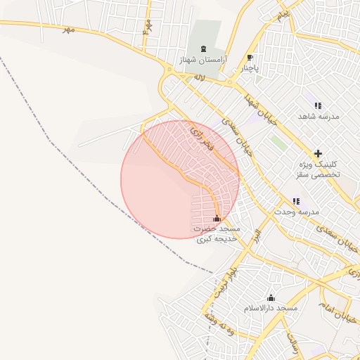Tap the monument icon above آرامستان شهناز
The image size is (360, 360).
(204, 49)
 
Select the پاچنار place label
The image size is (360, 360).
(252, 68)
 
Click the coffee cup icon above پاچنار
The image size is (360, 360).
(250, 58)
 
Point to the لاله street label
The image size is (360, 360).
(199, 79)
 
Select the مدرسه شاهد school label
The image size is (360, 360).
(319, 116)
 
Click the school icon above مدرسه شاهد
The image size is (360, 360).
(318, 105)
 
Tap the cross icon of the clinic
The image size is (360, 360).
(318, 153)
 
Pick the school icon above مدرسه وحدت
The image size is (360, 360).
(297, 201)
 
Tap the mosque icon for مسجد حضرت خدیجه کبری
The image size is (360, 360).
(217, 219)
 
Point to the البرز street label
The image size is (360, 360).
(257, 233)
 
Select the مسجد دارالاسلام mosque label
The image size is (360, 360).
(271, 309)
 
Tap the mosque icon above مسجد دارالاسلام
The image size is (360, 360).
(271, 298)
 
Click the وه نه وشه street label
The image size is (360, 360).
(219, 327)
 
